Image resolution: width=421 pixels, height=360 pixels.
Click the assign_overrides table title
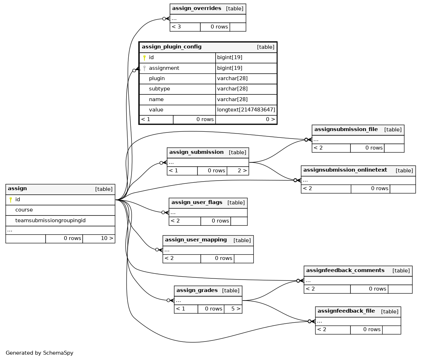pyautogui.click(x=196, y=8)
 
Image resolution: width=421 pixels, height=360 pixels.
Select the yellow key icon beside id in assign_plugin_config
pyautogui.click(x=144, y=58)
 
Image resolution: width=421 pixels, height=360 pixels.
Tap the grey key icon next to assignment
pyautogui.click(x=144, y=68)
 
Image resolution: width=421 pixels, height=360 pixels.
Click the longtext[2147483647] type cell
pyautogui.click(x=246, y=110)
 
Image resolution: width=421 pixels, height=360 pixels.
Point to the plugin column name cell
pyautogui.click(x=178, y=79)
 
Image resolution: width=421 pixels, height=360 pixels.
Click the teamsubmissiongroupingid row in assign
pyautogui.click(x=60, y=220)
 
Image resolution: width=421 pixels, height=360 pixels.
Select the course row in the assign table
pyautogui.click(x=60, y=210)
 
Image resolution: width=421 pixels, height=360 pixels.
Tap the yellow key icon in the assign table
pyautogui.click(x=11, y=199)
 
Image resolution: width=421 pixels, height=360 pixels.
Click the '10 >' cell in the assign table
pyautogui.click(x=99, y=239)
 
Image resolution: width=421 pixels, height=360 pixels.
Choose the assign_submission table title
pyautogui.click(x=196, y=152)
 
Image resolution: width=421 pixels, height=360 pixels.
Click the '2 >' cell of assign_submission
pyautogui.click(x=238, y=171)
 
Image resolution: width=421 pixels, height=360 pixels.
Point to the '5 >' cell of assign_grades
pyautogui.click(x=233, y=309)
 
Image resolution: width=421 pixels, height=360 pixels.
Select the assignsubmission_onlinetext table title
pyautogui.click(x=345, y=170)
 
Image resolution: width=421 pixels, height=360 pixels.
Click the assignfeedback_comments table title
pyautogui.click(x=345, y=270)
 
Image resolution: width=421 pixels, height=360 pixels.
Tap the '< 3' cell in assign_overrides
pyautogui.click(x=185, y=27)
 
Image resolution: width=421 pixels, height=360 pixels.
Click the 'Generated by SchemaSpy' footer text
pyautogui.click(x=40, y=353)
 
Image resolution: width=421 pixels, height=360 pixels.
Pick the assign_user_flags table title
pyautogui.click(x=197, y=202)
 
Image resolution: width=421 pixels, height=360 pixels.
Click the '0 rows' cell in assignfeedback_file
pyautogui.click(x=366, y=330)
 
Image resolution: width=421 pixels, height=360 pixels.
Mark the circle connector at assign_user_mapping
pyautogui.click(x=157, y=250)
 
